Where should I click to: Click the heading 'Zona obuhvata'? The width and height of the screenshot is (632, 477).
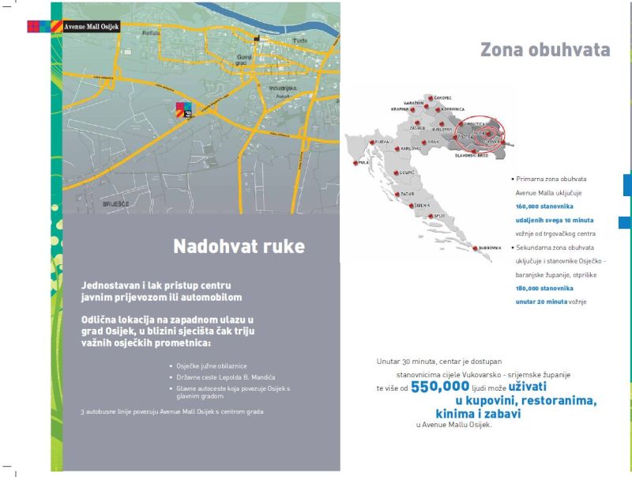click(x=545, y=50)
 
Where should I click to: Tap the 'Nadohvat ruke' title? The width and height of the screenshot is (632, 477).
click(x=239, y=247)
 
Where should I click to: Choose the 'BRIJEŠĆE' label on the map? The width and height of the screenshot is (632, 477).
click(x=116, y=203)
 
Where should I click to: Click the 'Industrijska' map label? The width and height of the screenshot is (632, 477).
click(x=282, y=88)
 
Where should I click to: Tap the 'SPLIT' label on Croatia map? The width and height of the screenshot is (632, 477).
click(x=440, y=215)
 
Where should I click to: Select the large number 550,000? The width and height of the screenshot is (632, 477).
click(x=440, y=387)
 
